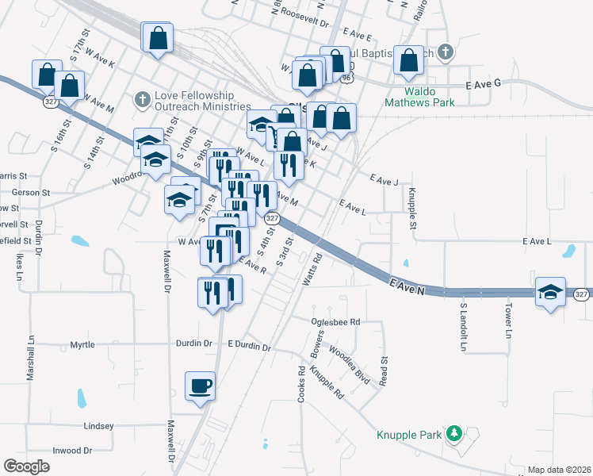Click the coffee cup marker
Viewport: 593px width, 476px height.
pyautogui.click(x=200, y=386)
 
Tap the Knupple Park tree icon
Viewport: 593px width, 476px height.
pyautogui.click(x=454, y=433)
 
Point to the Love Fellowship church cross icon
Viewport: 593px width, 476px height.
pyautogui.click(x=143, y=100)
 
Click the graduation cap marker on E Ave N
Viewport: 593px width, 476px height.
pyautogui.click(x=550, y=291)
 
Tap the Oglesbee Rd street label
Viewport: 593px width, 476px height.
pyautogui.click(x=335, y=322)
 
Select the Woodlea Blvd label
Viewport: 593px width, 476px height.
pyautogui.click(x=350, y=365)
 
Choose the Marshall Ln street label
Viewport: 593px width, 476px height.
pyautogui.click(x=32, y=358)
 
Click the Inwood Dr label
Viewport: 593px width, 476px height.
pyautogui.click(x=73, y=451)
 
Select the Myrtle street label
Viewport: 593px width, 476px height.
pyautogui.click(x=82, y=345)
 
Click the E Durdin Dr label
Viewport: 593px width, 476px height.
pyautogui.click(x=249, y=347)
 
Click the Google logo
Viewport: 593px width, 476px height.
pyautogui.click(x=26, y=466)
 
